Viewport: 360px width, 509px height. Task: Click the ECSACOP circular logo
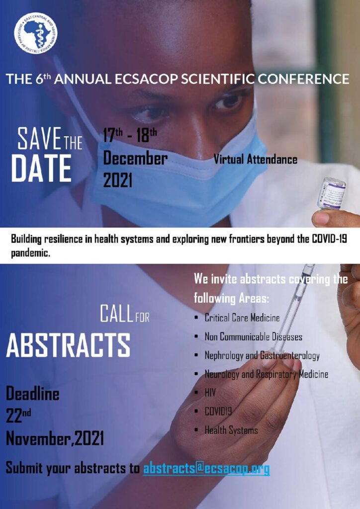point(36,33)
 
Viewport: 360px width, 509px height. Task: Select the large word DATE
point(41,168)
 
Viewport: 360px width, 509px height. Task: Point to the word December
point(135,159)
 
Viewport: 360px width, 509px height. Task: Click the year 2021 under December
point(117,180)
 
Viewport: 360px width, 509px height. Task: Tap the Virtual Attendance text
point(255,160)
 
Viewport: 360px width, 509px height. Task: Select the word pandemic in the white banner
point(30,253)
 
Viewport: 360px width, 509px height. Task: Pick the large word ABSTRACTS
point(68,345)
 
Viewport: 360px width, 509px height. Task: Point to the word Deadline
point(32,394)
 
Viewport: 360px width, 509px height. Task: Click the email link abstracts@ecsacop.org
point(206,469)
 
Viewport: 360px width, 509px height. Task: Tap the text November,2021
point(55,439)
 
